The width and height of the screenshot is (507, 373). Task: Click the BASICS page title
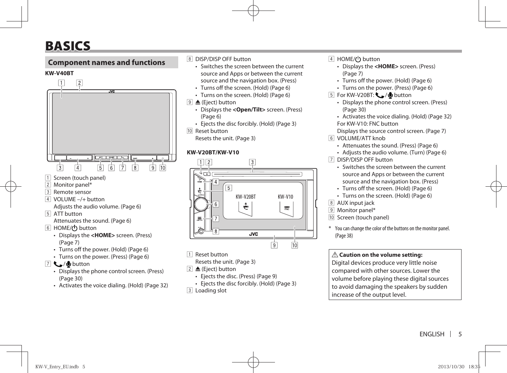68,46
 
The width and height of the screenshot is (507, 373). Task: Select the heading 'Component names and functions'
107,62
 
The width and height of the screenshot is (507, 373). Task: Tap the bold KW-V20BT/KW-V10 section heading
213,153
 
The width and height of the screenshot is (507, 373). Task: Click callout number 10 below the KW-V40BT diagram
163,168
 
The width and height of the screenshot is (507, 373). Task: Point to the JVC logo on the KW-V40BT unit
112,92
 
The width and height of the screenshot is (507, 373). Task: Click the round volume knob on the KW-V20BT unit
200,204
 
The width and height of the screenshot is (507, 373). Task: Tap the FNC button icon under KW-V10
287,208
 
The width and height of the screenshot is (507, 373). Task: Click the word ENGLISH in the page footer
432,334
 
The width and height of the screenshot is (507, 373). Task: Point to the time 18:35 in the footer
475,367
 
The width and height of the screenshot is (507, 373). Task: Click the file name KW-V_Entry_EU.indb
57,367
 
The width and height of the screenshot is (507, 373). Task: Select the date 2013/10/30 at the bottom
451,367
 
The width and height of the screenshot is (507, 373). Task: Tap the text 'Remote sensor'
72,192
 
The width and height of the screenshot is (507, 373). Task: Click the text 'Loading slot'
211,291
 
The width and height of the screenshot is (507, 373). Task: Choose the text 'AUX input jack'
355,203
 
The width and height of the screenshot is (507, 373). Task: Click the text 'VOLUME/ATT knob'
361,138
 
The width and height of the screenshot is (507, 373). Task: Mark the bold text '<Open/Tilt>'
249,110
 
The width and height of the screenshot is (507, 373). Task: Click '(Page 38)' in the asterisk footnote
344,236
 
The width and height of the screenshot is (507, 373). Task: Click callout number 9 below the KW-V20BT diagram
274,246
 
